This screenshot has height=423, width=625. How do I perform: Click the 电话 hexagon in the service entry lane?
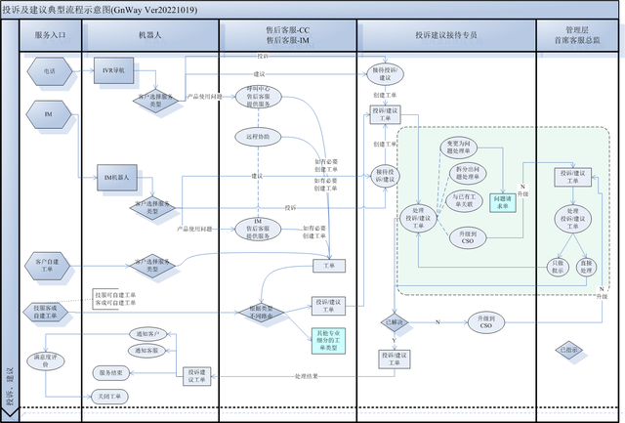coord(49,70)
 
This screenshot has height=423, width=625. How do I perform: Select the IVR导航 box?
coord(115,70)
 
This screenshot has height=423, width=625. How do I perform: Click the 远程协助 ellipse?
coord(258,136)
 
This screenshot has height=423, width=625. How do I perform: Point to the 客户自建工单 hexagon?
coord(50,263)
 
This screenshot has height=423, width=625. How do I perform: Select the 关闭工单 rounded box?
coord(109,396)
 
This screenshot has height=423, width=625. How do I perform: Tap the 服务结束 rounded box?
coord(109,372)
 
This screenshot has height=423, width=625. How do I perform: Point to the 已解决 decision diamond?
coord(395,320)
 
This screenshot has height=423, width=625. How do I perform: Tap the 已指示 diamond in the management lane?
coord(565,349)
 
